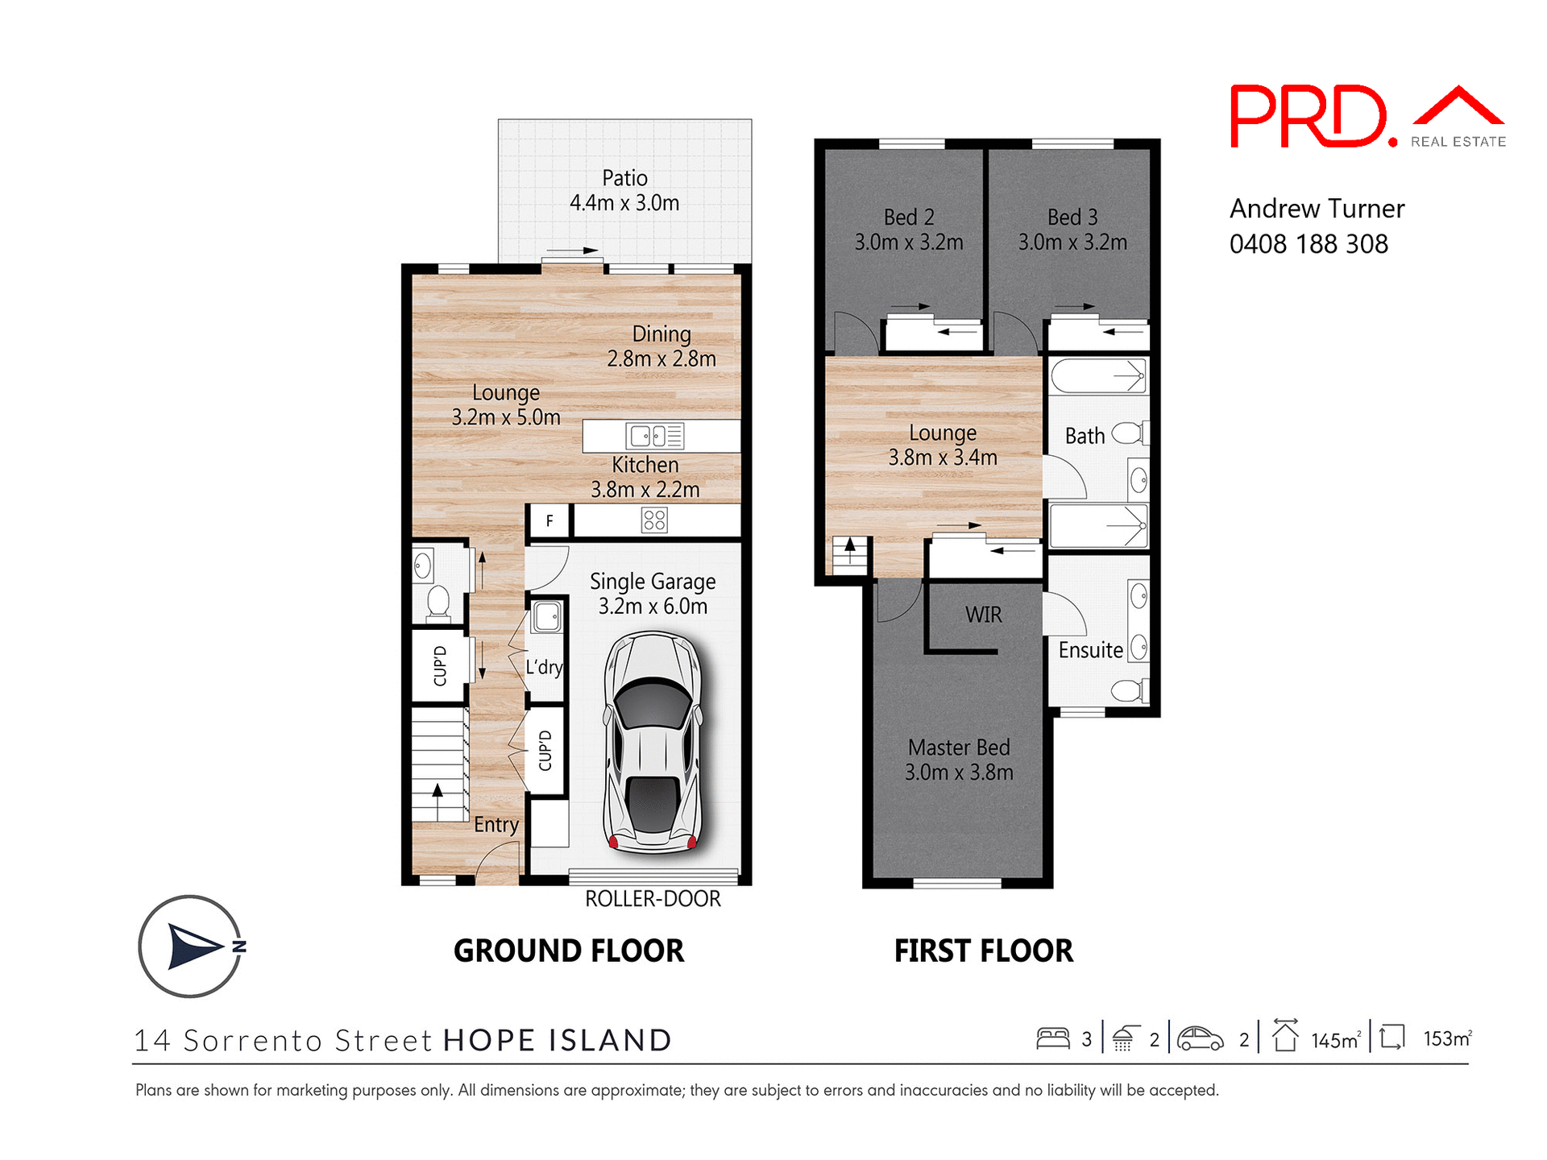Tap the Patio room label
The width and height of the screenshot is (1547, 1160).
click(x=624, y=178)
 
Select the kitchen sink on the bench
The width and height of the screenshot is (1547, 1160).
click(x=654, y=436)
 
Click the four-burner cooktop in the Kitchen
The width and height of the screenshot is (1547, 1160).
click(x=654, y=520)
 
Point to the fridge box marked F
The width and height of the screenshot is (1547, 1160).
click(x=550, y=521)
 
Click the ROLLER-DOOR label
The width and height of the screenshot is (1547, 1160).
click(x=653, y=899)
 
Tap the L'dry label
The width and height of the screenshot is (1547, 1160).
click(x=544, y=667)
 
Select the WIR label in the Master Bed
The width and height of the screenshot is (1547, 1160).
click(x=983, y=615)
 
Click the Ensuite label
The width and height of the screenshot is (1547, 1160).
click(x=1090, y=650)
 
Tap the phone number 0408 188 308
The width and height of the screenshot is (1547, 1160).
click(x=1309, y=244)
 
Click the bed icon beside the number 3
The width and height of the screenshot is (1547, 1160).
click(x=1052, y=1038)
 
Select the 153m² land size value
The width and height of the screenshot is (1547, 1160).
click(x=1447, y=1038)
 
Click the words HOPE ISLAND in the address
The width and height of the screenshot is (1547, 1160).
click(x=558, y=1040)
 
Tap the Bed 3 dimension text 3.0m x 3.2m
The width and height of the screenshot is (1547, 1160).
click(x=1072, y=242)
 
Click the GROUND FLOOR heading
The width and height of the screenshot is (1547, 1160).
click(x=568, y=951)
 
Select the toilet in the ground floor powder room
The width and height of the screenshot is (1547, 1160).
click(x=438, y=600)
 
